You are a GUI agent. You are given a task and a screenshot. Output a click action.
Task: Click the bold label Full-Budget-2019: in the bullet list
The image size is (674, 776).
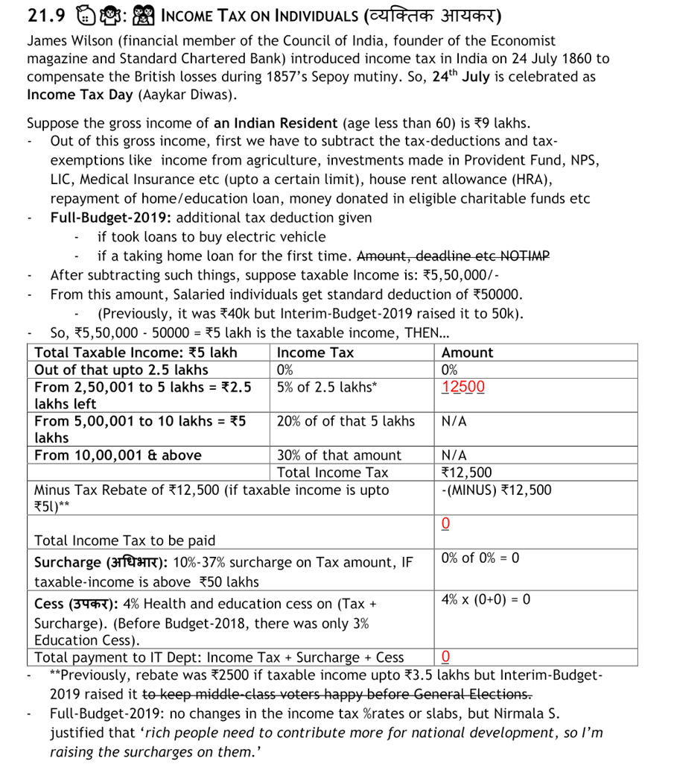(111, 218)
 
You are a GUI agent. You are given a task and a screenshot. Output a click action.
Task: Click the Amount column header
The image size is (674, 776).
(467, 353)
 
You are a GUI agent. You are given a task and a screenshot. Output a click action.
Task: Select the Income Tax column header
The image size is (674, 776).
(315, 353)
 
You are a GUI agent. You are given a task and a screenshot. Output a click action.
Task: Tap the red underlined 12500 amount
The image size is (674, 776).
(462, 387)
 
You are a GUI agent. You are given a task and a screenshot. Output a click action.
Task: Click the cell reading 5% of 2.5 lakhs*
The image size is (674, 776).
(326, 387)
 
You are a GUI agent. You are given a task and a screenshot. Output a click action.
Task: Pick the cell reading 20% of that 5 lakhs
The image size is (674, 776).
(346, 421)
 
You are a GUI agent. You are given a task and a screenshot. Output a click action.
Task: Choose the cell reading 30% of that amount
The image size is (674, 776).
(339, 455)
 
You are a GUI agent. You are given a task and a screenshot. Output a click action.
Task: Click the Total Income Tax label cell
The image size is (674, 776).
(332, 473)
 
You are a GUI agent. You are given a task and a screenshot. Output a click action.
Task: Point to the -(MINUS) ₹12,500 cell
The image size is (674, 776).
(496, 490)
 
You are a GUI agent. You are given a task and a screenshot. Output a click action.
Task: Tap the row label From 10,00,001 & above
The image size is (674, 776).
(118, 455)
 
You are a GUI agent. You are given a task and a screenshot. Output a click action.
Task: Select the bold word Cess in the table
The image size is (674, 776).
(50, 604)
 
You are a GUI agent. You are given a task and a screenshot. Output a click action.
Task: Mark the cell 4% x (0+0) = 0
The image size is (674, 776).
(486, 599)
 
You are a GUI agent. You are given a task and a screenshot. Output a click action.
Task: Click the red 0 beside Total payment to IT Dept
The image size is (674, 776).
(445, 657)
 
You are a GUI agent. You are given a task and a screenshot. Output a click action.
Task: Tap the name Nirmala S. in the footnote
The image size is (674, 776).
(527, 713)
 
